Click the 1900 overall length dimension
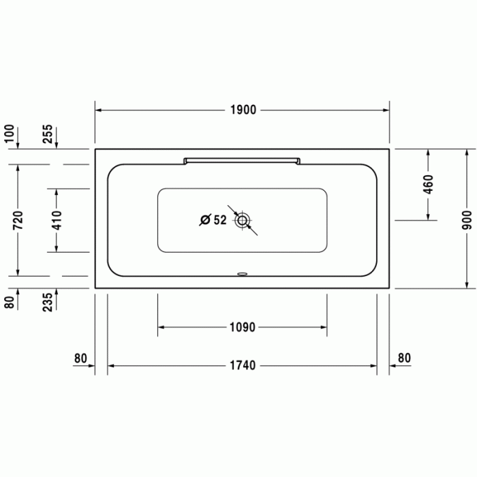click(x=242, y=110)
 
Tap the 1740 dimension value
click(x=242, y=365)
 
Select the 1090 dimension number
click(x=242, y=327)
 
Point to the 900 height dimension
click(x=466, y=218)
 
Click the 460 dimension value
click(x=428, y=185)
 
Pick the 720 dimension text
click(x=18, y=219)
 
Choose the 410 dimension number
click(x=57, y=219)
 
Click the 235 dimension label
click(x=48, y=301)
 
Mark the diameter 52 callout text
click(x=213, y=220)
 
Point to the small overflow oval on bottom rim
click(x=242, y=275)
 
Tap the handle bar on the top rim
click(x=241, y=160)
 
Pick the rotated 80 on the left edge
click(x=10, y=301)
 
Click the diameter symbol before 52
click(x=204, y=220)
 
